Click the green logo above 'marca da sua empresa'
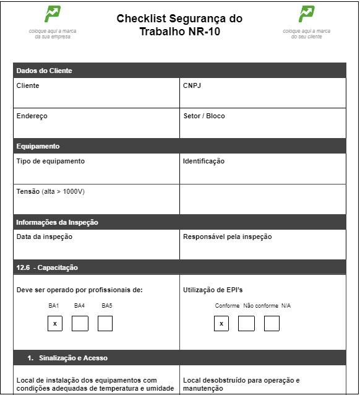53,14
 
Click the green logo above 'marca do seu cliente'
306,14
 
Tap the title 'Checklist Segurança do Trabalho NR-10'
179,25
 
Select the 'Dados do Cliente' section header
44,71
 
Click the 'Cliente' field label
28,85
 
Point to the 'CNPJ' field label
192,85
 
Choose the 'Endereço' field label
32,116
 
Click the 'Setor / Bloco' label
204,116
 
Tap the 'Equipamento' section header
38,146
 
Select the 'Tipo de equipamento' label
51,161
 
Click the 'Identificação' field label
204,161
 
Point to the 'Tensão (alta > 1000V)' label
50,191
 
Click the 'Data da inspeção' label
45,237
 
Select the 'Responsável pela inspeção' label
227,237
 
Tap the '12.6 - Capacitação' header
47,267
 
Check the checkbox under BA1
55,323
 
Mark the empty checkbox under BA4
80,323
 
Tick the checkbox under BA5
105,323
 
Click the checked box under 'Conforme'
221,323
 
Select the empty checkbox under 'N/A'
272,323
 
